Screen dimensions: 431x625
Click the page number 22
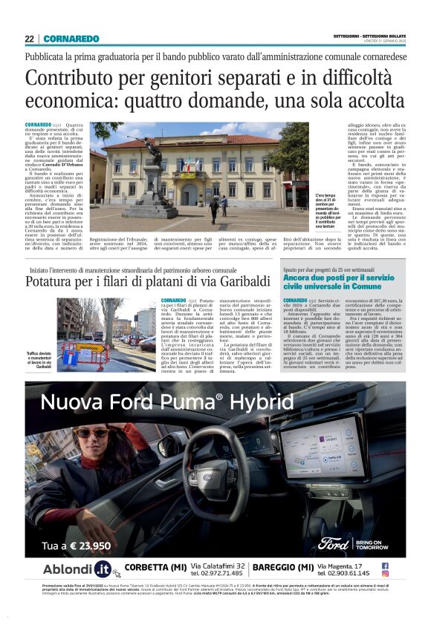tap(29, 39)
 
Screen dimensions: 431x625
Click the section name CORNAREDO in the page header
tap(71, 39)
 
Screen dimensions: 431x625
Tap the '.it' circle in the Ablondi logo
tap(102, 569)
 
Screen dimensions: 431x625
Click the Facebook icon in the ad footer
tap(385, 565)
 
